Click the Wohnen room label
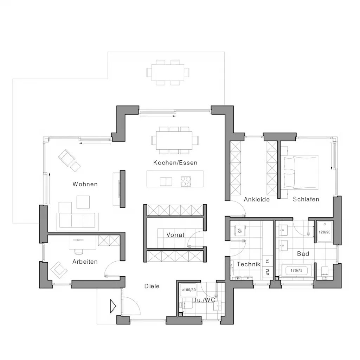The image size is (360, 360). pyautogui.click(x=85, y=184)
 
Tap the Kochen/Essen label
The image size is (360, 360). pyautogui.click(x=175, y=163)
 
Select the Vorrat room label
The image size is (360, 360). pyautogui.click(x=175, y=234)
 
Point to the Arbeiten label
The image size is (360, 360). pyautogui.click(x=85, y=262)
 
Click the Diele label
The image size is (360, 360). pyautogui.click(x=152, y=286)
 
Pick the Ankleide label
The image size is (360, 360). pyautogui.click(x=257, y=199)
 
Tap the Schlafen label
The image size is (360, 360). pyautogui.click(x=306, y=199)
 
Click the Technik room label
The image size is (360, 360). pyautogui.click(x=249, y=264)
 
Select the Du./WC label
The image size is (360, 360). pyautogui.click(x=204, y=300)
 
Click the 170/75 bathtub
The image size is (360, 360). pyautogui.click(x=296, y=271)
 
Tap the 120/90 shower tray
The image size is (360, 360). pyautogui.click(x=324, y=232)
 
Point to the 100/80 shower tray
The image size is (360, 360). pyautogui.click(x=188, y=290)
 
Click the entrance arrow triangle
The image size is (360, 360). pyautogui.click(x=113, y=306)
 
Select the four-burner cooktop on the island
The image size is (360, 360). pyautogui.click(x=186, y=181)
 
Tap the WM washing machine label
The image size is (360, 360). pyautogui.click(x=268, y=272)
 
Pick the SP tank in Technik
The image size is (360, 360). pyautogui.click(x=240, y=230)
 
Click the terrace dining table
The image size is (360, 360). pyautogui.click(x=168, y=72)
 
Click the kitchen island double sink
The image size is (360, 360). pyautogui.click(x=166, y=181)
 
